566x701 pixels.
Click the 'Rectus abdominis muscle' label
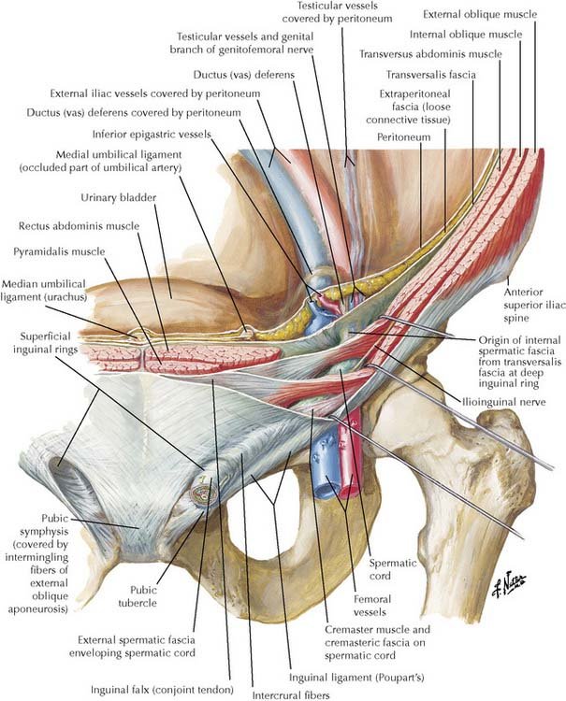click(78, 225)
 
